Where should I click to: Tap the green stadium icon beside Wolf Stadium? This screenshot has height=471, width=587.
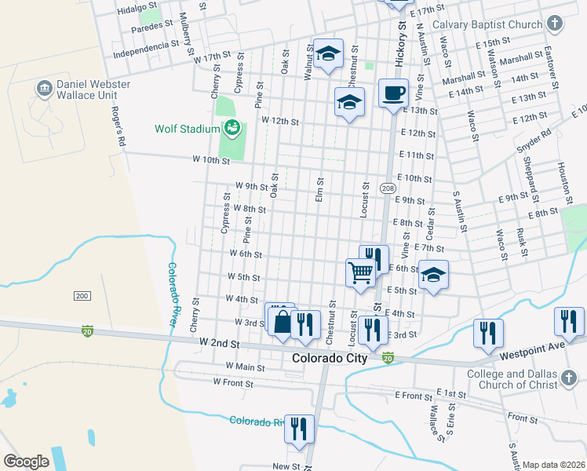232,127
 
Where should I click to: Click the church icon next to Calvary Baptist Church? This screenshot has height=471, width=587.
555,24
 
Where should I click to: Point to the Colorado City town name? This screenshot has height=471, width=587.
330,358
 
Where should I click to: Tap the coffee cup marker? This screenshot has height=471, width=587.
394,94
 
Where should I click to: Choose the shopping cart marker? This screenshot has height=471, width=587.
360,273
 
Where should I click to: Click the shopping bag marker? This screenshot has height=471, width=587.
281,320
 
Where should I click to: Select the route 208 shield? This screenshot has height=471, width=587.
388,188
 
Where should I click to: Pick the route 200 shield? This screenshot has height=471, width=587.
82,295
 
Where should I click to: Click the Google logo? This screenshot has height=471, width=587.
26,462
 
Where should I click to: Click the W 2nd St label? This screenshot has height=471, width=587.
218,344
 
